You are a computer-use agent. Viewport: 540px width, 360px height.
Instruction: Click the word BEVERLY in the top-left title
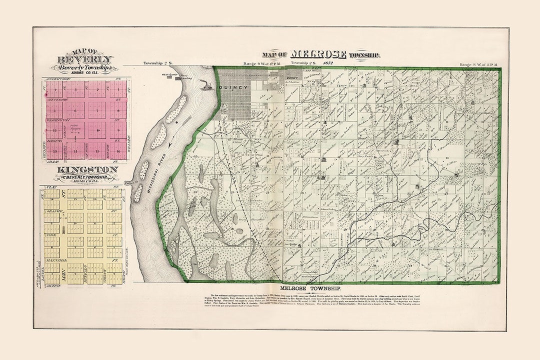[x=84, y=59]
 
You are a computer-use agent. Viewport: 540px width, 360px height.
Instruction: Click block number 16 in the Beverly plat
[x=117, y=150]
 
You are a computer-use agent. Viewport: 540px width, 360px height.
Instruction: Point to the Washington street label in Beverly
[x=58, y=120]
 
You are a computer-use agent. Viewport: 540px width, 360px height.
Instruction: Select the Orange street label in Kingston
[x=53, y=212]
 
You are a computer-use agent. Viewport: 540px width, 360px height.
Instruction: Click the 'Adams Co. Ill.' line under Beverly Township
[x=84, y=73]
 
